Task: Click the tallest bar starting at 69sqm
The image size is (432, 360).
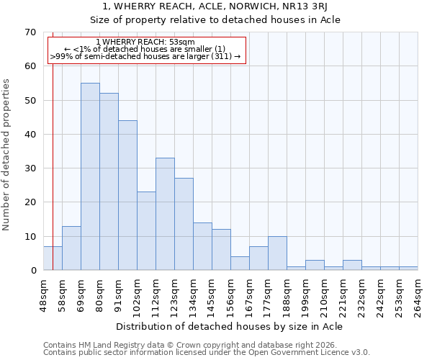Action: (90, 176)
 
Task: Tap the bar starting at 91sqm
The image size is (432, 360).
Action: (127, 195)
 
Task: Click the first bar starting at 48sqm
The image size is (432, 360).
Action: (53, 258)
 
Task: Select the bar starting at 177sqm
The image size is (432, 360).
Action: (277, 253)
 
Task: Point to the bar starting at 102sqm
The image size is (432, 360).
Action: (146, 231)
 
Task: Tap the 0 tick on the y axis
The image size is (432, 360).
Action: (32, 271)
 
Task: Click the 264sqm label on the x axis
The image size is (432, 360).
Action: (418, 295)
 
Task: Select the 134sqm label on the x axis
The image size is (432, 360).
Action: (193, 295)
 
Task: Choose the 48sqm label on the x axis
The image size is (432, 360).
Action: (43, 295)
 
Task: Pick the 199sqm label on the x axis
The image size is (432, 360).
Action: (305, 295)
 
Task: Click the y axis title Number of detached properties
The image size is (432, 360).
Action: (7, 156)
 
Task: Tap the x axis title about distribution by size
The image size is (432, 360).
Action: (229, 327)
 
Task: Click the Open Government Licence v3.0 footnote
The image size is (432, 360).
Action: (206, 353)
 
